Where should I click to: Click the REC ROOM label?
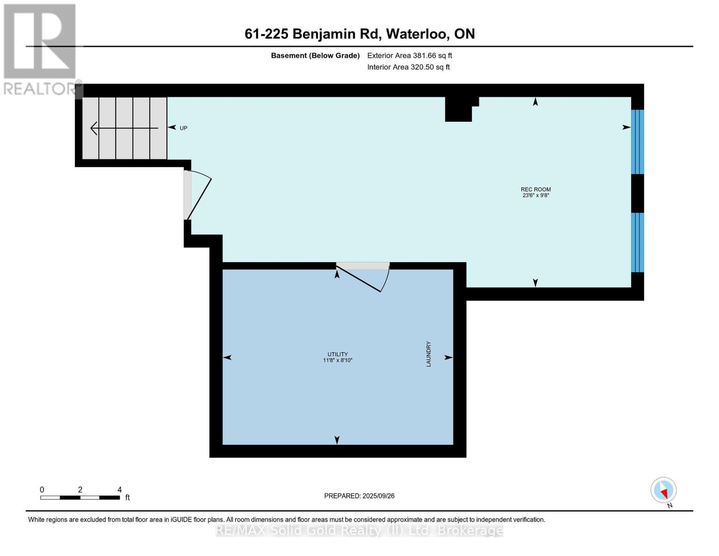(535, 189)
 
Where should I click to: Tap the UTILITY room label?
(338, 354)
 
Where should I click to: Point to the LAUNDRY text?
(429, 354)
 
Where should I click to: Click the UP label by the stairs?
(183, 128)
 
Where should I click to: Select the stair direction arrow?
(124, 128)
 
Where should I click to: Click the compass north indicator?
(663, 490)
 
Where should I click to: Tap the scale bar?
(80, 497)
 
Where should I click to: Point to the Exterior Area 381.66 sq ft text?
(409, 56)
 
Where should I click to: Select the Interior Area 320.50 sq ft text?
(408, 67)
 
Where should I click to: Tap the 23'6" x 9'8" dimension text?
(536, 196)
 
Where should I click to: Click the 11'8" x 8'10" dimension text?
(338, 360)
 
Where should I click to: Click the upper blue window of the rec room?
(638, 142)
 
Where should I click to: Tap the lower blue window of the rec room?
(638, 242)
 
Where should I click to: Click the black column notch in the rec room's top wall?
(460, 109)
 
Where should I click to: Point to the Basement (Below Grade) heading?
(315, 56)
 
